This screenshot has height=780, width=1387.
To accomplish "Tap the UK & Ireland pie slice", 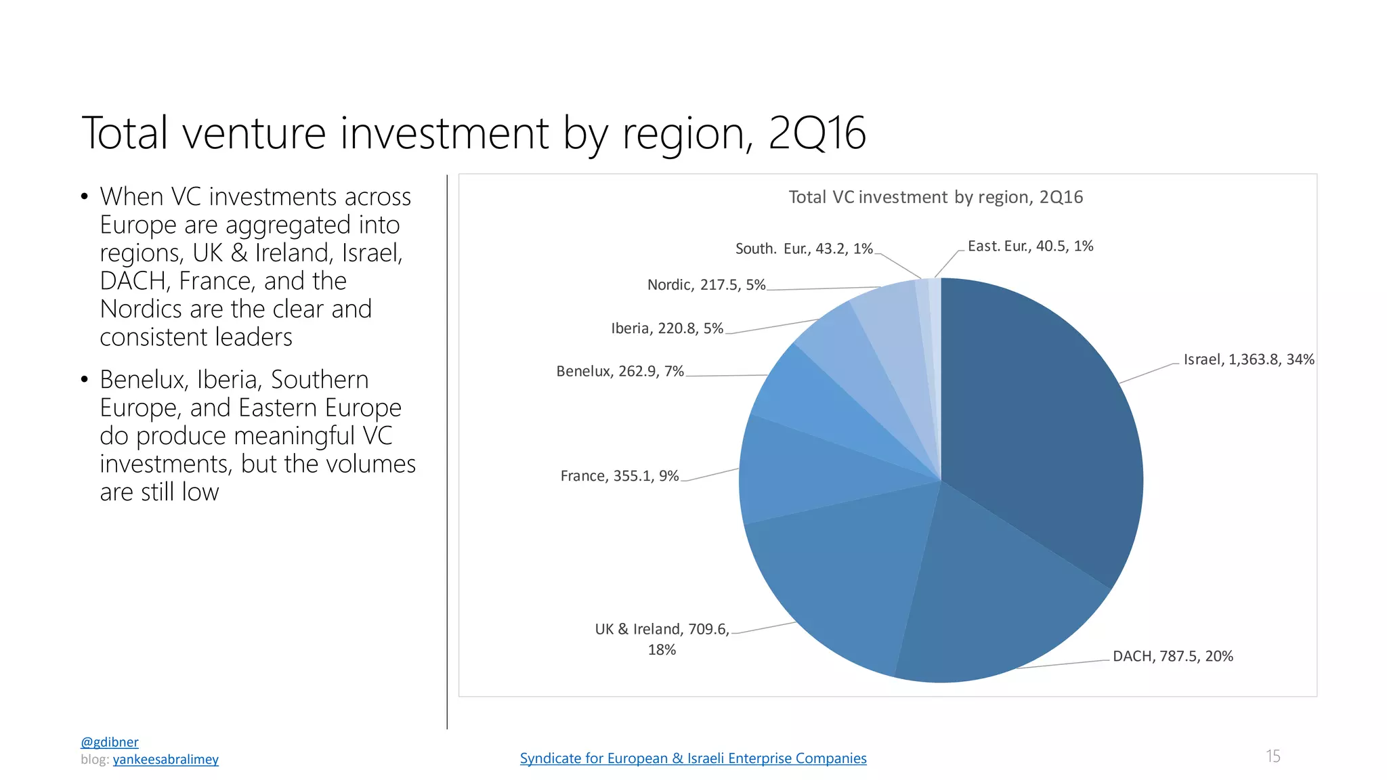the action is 847,576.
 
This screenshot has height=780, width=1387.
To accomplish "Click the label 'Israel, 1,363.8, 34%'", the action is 1249,360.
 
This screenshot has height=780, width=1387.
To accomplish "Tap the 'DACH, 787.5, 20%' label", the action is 1173,656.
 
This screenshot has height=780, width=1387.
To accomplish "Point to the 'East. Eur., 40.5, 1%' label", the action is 1030,246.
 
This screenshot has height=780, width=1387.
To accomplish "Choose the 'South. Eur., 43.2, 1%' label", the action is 804,248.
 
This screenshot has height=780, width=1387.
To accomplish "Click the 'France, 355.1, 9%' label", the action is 620,476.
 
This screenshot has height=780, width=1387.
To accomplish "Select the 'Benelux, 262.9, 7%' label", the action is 620,371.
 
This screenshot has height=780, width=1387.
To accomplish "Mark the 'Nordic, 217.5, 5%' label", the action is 706,284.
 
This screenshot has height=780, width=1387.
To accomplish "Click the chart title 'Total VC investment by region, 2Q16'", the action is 936,197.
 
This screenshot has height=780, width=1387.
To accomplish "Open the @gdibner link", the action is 110,742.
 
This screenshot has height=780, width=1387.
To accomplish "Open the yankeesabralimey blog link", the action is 166,759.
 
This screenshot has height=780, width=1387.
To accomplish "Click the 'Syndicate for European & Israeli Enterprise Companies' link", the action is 693,758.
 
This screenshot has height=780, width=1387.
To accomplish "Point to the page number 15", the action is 1273,756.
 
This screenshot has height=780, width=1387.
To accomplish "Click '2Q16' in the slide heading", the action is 817,133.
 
